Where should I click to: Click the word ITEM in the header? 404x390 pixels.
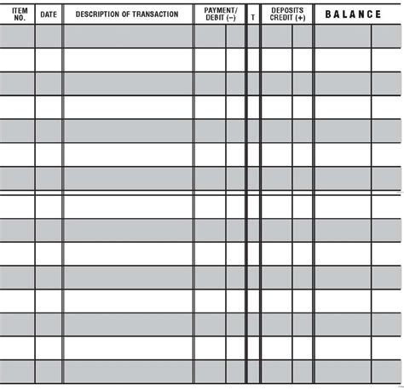(x=20, y=9)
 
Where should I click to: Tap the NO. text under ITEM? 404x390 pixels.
(x=20, y=17)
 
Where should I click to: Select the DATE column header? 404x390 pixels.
(x=49, y=14)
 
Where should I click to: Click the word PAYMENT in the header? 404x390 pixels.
(x=218, y=9)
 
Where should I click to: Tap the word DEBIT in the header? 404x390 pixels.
(x=213, y=17)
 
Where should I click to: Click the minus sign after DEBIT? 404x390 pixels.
(x=231, y=17)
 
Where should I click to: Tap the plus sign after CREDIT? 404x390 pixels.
(x=302, y=17)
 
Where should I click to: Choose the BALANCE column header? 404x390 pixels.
(x=353, y=14)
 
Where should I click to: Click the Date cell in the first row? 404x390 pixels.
(x=49, y=36)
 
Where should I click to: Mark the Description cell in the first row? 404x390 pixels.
(x=128, y=36)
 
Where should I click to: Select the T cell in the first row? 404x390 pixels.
(x=252, y=36)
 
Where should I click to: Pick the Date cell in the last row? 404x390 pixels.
(x=49, y=371)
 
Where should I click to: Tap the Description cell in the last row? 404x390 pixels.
(x=128, y=371)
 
